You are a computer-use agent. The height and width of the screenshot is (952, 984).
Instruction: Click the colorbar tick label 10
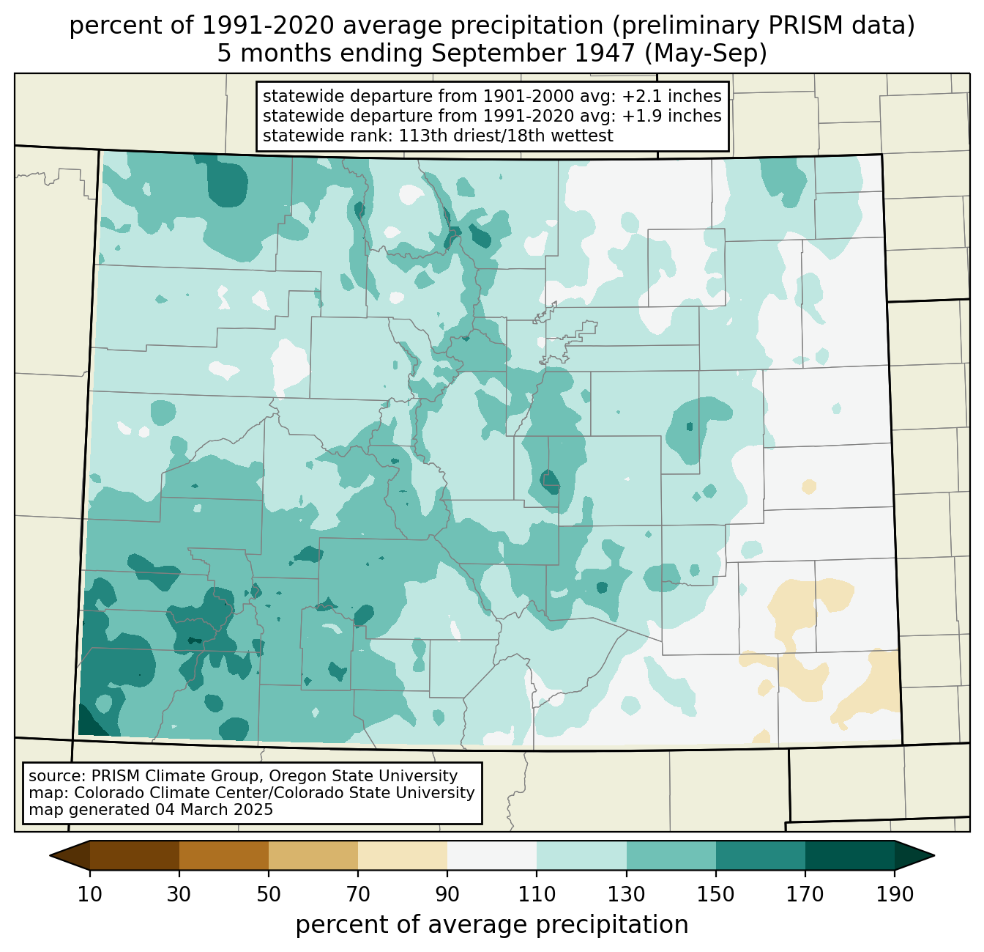click(x=89, y=894)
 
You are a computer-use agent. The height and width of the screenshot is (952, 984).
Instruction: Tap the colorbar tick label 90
click(x=447, y=894)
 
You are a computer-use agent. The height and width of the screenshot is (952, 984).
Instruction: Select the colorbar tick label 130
click(x=626, y=894)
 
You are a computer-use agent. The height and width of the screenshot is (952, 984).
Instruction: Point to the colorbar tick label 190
click(x=895, y=894)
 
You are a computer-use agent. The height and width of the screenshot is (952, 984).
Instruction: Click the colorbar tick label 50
click(x=269, y=894)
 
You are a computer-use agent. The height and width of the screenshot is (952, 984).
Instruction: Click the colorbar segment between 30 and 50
click(x=223, y=855)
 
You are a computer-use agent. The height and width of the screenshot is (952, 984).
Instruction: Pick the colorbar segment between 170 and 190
click(x=849, y=855)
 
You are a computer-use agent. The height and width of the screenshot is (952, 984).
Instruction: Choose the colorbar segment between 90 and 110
click(x=492, y=855)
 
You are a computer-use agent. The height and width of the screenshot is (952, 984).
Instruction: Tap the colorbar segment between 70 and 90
click(x=403, y=855)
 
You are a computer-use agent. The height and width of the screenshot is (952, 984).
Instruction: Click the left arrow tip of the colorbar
click(x=50, y=855)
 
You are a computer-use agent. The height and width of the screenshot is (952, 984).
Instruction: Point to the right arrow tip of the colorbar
click(x=934, y=855)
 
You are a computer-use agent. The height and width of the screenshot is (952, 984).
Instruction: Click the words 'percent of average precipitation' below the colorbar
click(x=492, y=925)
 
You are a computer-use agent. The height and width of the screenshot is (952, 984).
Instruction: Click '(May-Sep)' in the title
click(x=705, y=53)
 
